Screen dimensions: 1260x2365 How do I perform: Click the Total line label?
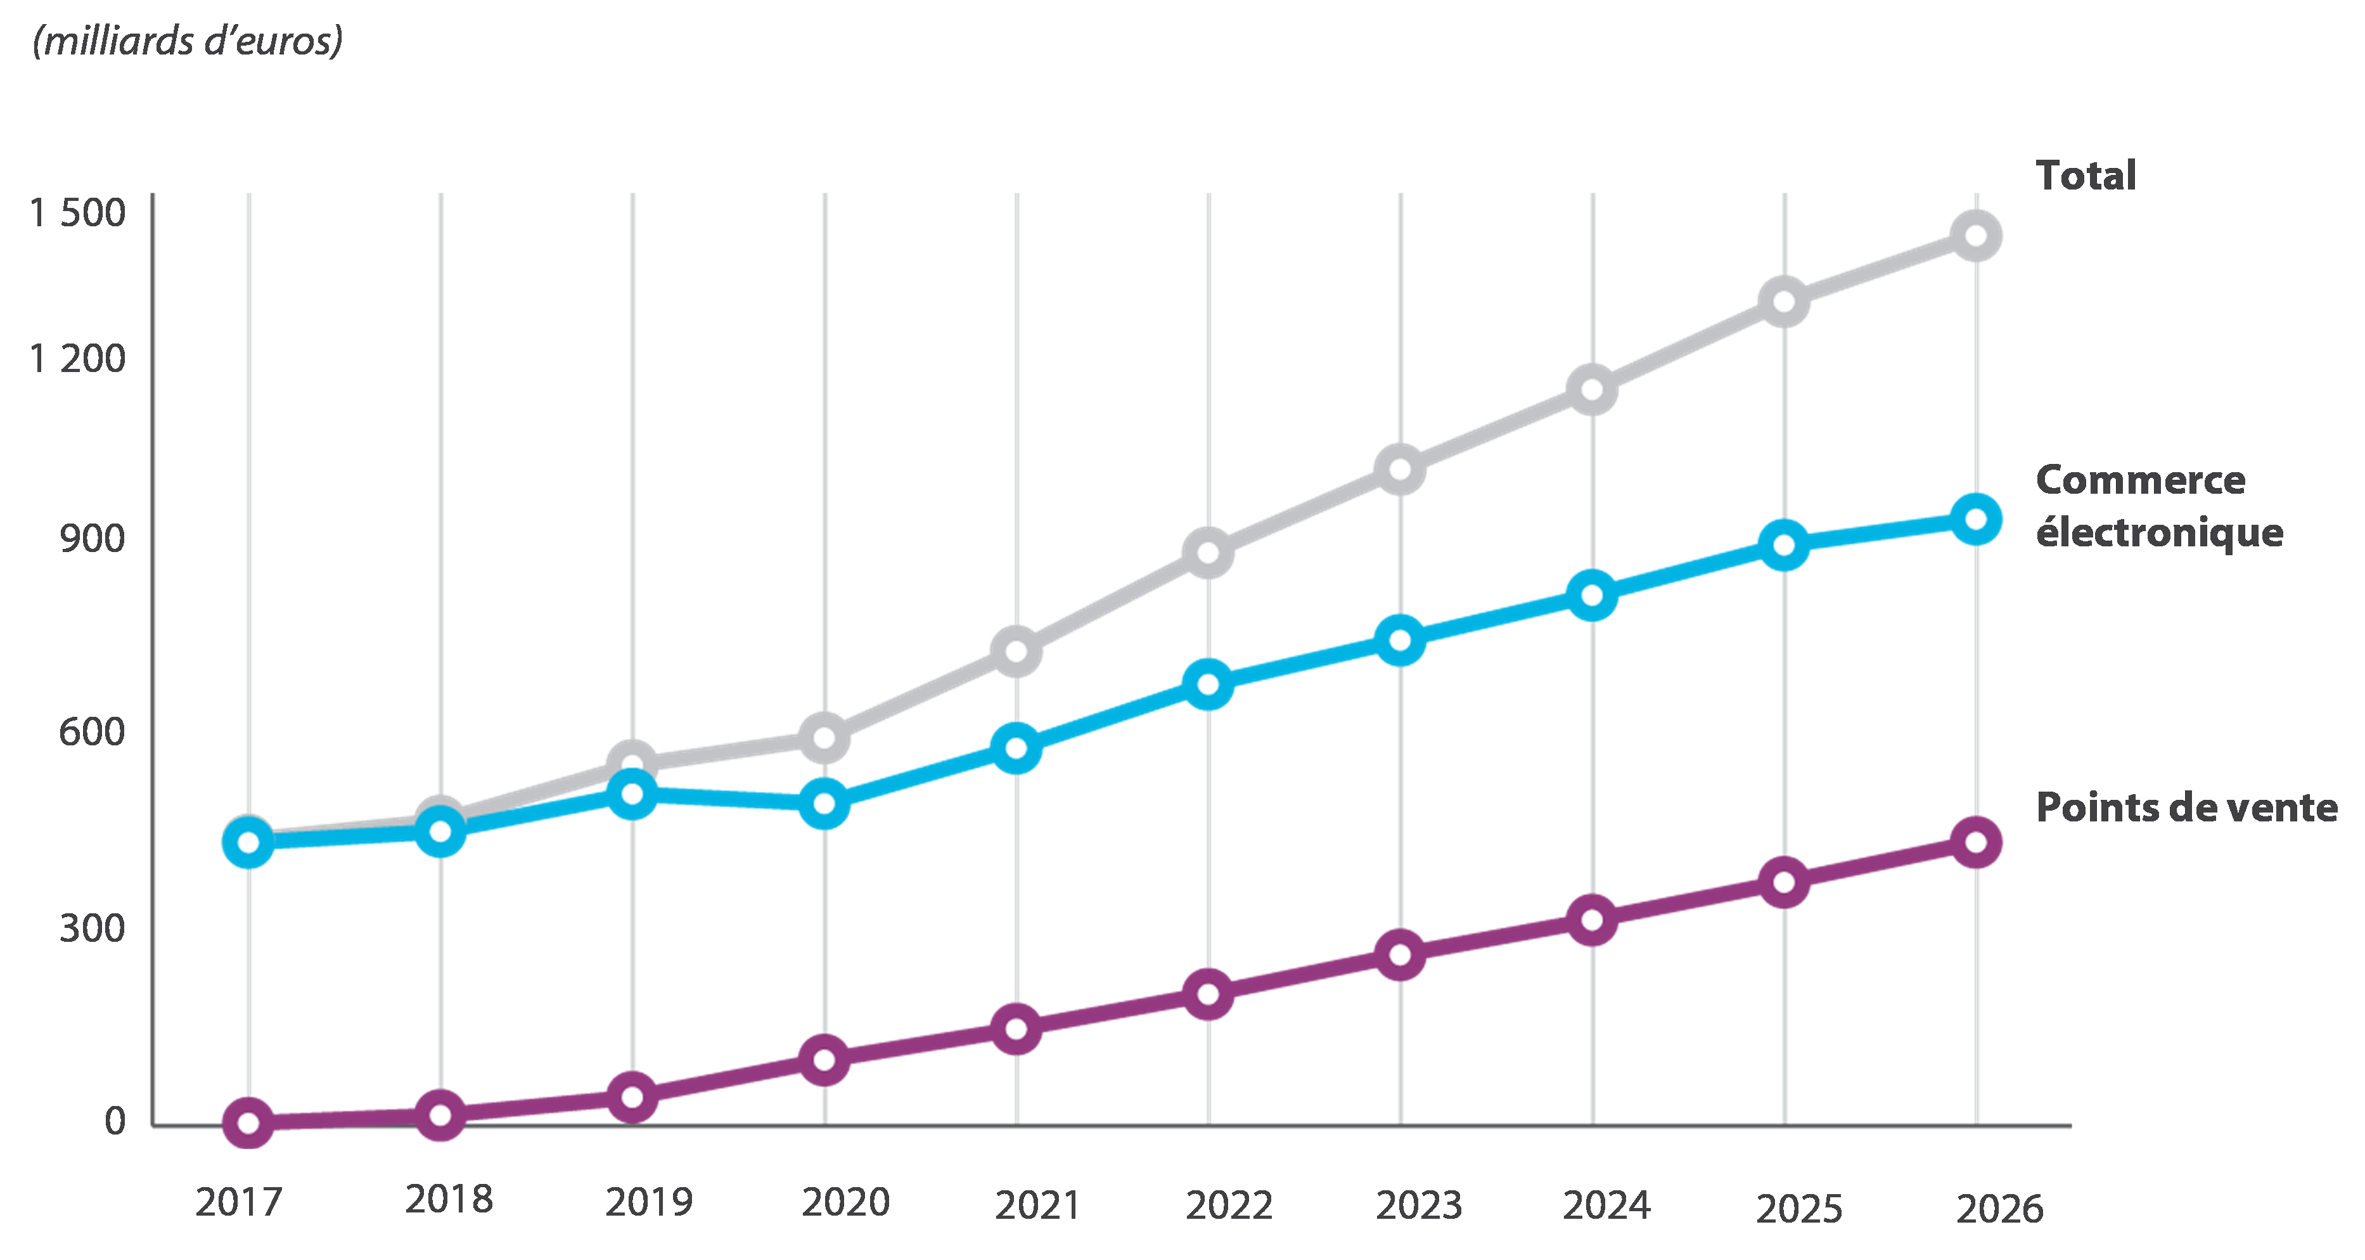point(2086,176)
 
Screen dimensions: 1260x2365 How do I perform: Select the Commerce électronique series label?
point(2158,506)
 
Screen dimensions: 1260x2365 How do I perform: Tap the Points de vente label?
point(2186,807)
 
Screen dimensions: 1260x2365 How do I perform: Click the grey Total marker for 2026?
point(1976,235)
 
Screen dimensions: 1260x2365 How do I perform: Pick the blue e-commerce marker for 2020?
point(824,804)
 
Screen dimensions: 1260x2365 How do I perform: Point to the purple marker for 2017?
point(248,1122)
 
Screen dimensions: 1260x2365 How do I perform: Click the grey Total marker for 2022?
point(1208,553)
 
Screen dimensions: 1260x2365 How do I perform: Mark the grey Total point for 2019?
point(632,764)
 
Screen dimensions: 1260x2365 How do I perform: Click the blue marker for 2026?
point(1976,520)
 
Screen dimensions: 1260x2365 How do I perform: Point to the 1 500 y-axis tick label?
point(77,212)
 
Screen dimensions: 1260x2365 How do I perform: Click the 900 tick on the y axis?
point(92,539)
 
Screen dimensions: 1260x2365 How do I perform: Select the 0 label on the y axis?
point(115,1121)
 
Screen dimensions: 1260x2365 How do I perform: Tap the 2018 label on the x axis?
point(449,1199)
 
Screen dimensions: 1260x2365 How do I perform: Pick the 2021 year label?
point(1037,1205)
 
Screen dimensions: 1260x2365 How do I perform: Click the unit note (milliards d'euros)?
point(188,41)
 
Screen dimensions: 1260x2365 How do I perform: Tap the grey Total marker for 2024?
point(1592,389)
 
